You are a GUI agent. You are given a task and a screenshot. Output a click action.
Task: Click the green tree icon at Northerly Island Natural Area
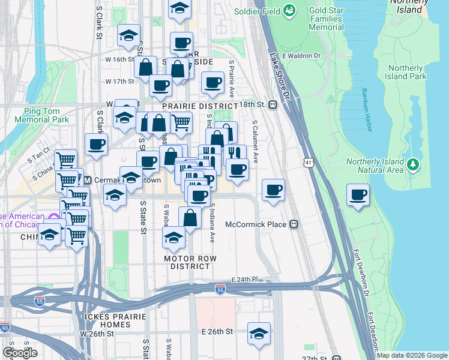[x=412, y=164]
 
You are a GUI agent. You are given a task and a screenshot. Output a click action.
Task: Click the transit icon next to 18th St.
[x=273, y=104]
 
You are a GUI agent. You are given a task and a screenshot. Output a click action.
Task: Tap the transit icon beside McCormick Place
[x=294, y=224]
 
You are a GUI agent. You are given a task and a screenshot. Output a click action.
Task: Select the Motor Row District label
[x=190, y=262]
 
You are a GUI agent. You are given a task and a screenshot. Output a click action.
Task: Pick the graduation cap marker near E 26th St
[x=259, y=334]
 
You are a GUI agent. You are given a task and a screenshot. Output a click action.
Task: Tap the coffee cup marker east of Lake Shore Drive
[x=358, y=195]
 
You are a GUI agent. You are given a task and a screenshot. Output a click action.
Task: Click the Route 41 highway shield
[x=308, y=163]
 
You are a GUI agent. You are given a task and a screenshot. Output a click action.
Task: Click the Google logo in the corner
[x=20, y=352]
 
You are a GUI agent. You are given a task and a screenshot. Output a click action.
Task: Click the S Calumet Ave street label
[x=255, y=142]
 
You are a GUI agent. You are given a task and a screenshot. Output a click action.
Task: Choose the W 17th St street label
[x=119, y=81]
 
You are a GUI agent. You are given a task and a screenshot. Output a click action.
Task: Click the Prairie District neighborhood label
[x=192, y=106]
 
